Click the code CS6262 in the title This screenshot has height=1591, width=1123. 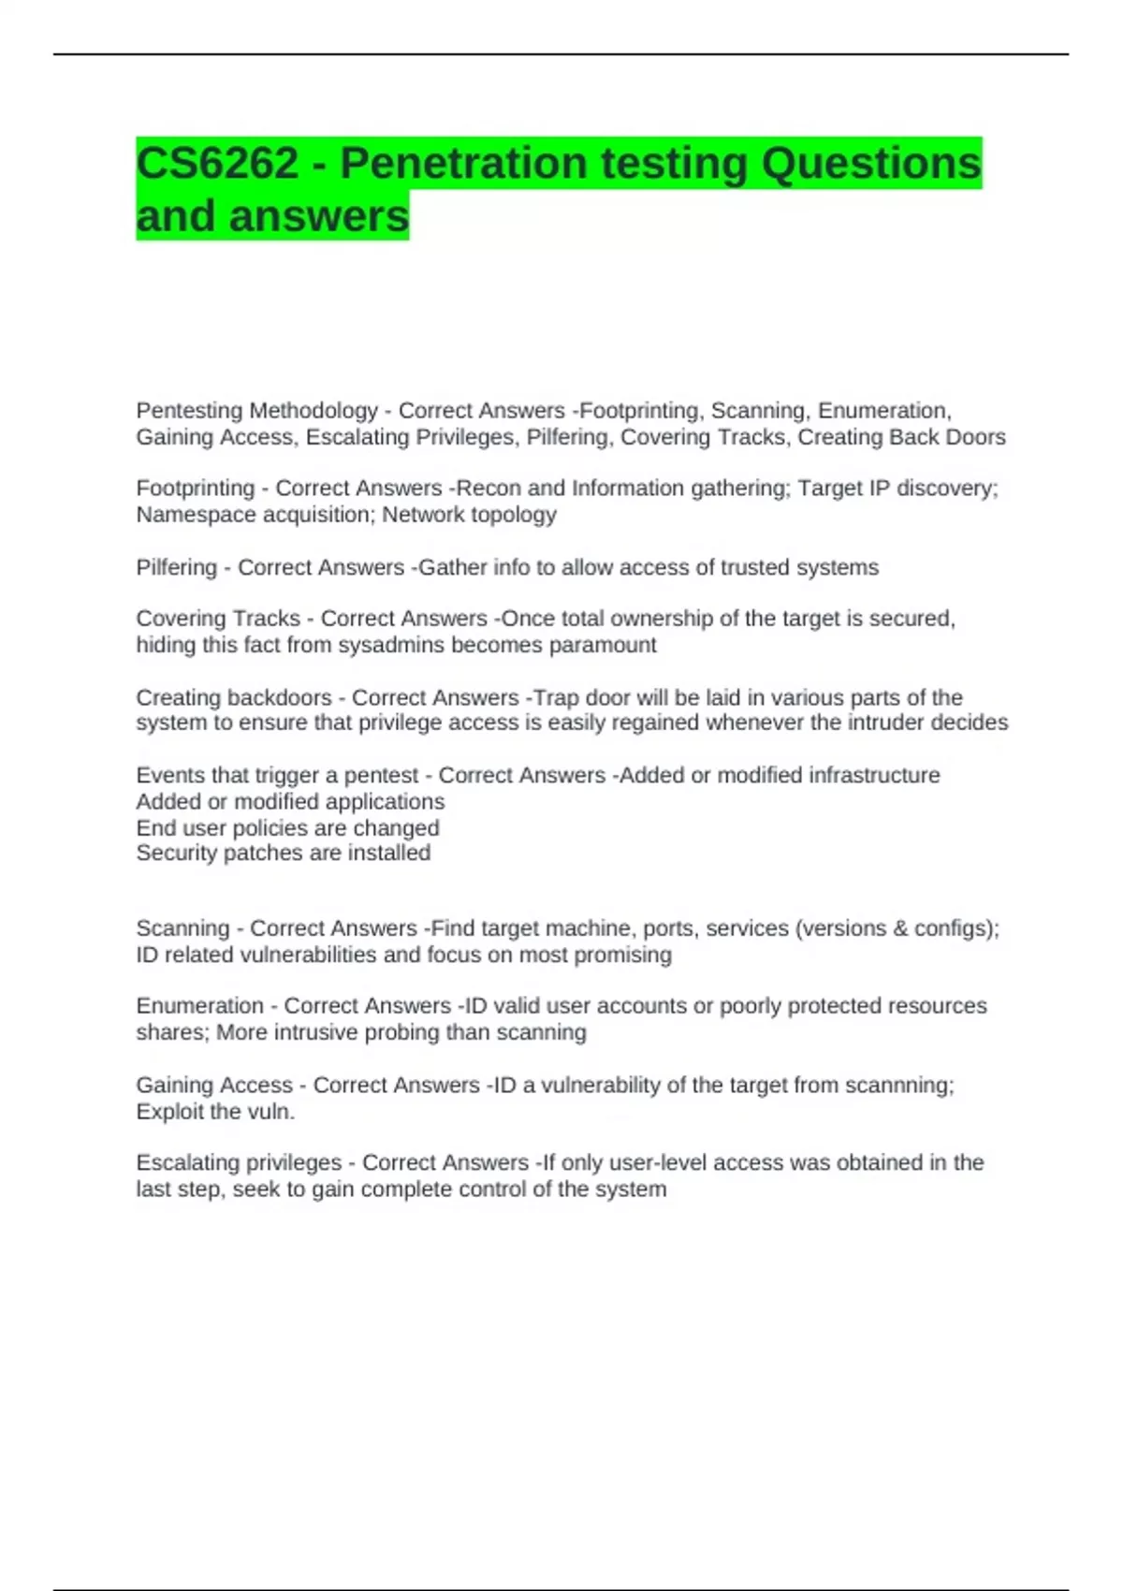coord(217,164)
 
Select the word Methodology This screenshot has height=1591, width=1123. coord(314,411)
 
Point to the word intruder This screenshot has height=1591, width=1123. coord(885,723)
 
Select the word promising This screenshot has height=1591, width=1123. coord(622,955)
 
